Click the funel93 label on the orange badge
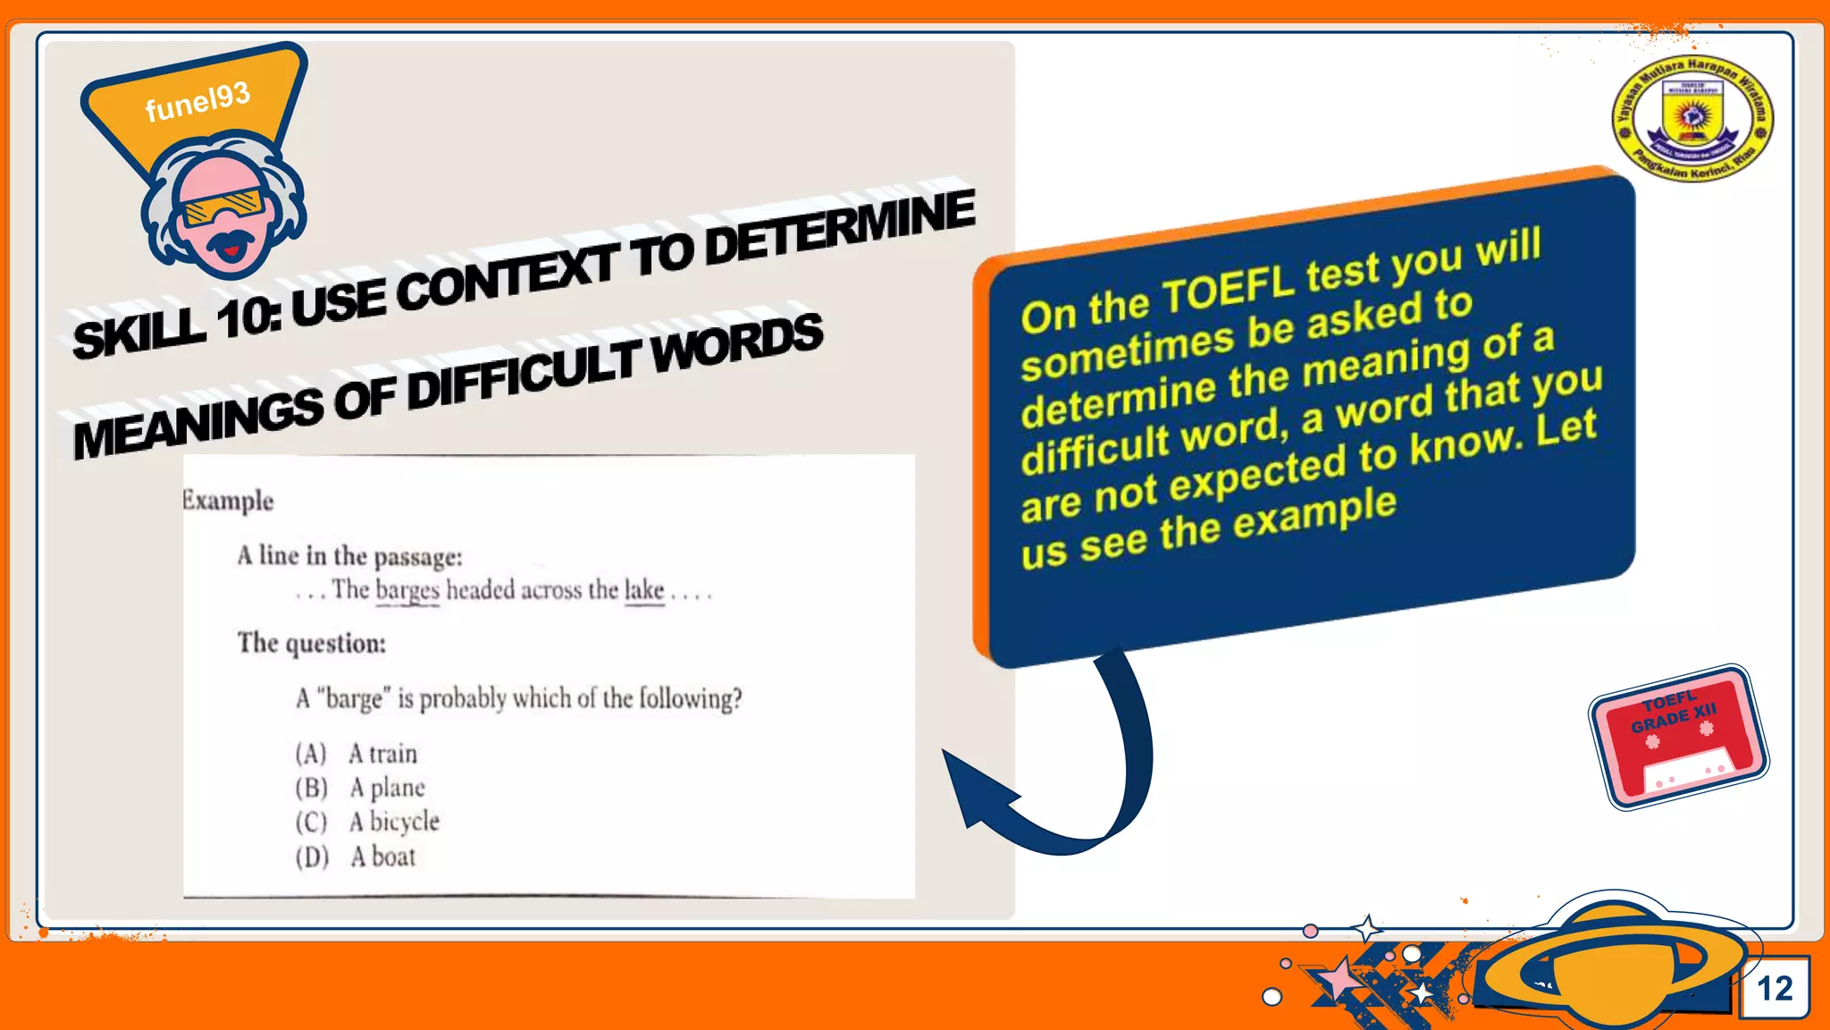point(197,102)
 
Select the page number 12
point(1775,988)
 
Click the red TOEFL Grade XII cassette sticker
point(1678,737)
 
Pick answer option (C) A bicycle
point(367,822)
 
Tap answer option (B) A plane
point(360,788)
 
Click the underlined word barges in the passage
point(407,590)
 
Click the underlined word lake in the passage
point(644,590)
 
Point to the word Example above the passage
point(228,500)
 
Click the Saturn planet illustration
point(1617,961)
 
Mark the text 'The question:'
point(311,643)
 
